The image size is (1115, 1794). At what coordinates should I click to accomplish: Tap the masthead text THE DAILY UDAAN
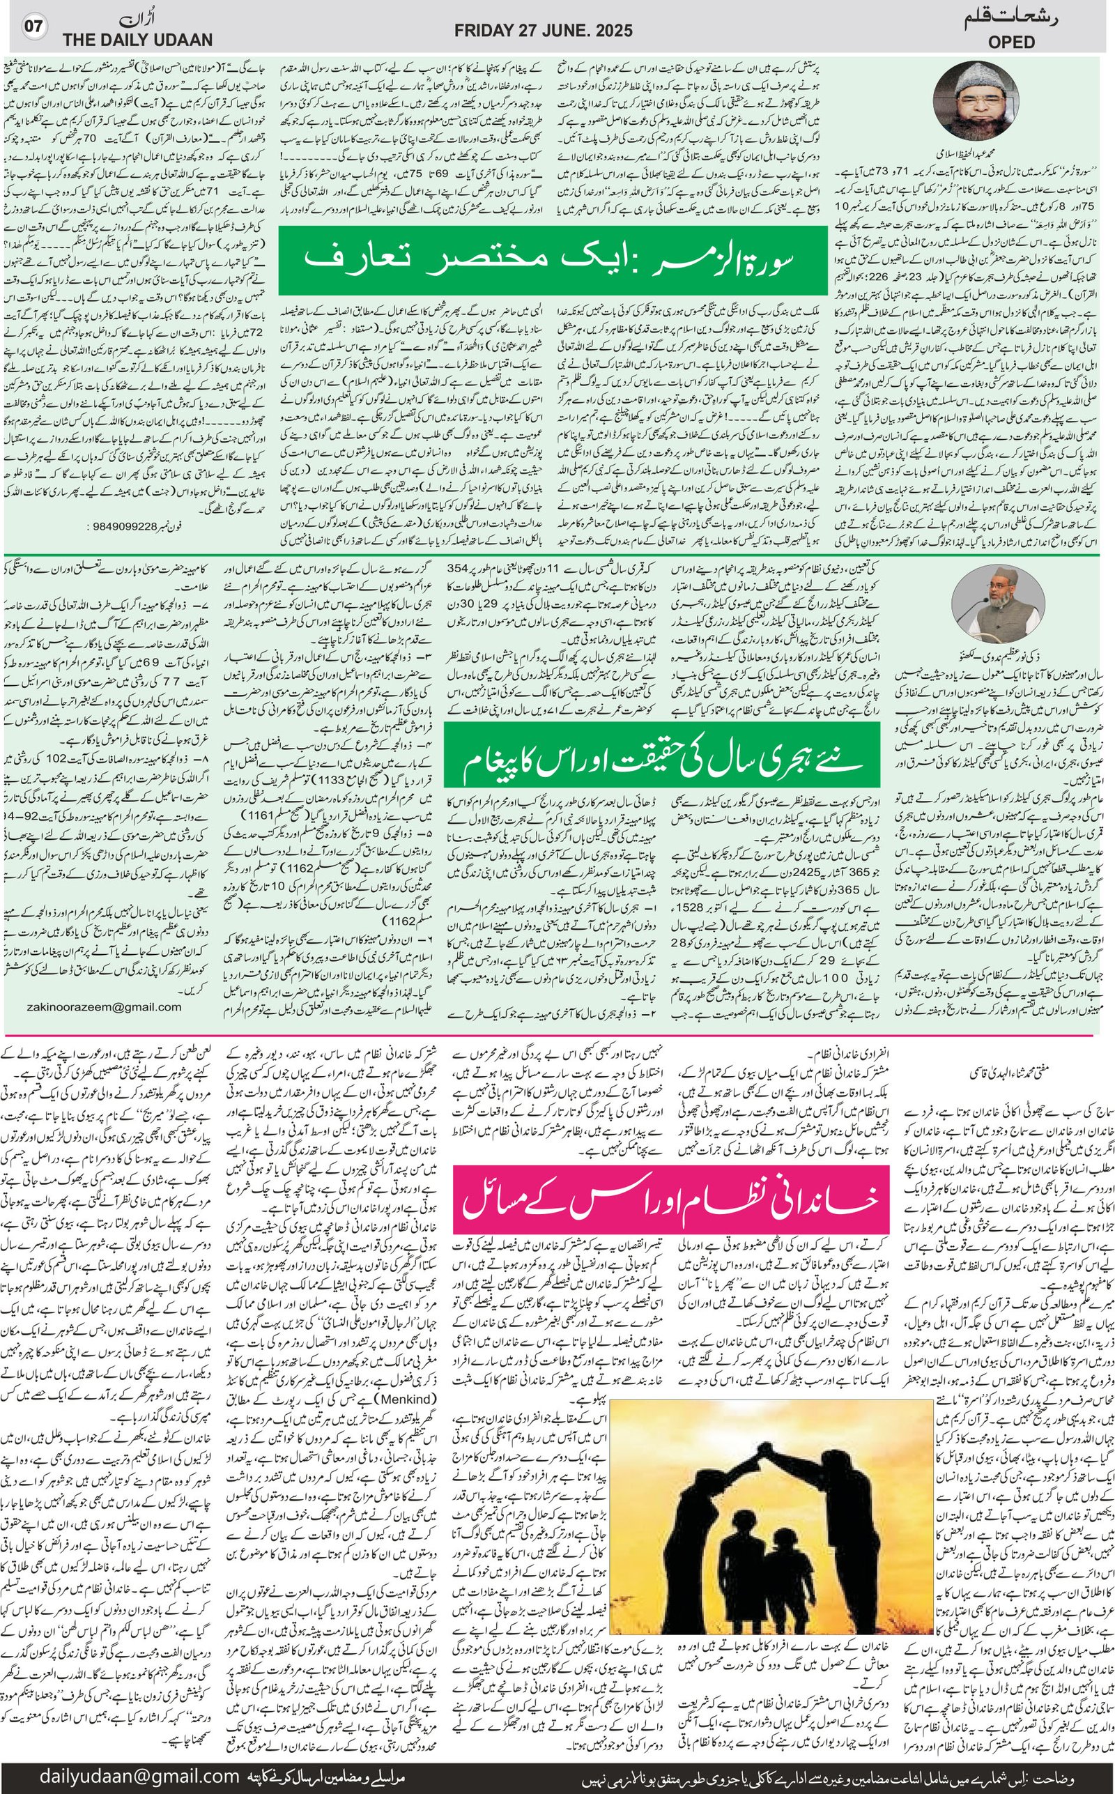tap(137, 40)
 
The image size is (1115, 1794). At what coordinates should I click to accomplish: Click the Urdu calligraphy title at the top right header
tap(1013, 20)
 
